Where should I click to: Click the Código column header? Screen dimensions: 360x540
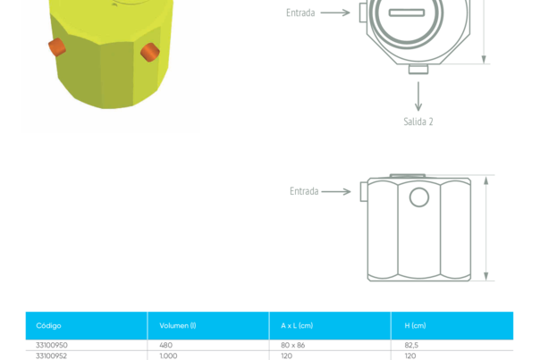coord(49,325)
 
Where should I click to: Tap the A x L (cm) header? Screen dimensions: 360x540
coord(297,325)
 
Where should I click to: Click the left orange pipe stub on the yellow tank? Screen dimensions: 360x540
coord(56,46)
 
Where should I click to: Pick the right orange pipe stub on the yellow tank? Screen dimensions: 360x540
coord(149,53)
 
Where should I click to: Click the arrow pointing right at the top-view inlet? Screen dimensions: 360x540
coord(335,13)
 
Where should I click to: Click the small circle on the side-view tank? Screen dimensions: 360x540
coord(418,197)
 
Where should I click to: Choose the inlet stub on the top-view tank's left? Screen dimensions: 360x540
coord(361,13)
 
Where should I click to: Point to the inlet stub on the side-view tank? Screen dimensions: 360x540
coord(363,191)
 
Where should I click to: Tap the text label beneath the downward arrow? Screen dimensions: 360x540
coord(418,121)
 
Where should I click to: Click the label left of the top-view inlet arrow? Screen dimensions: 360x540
coord(300,13)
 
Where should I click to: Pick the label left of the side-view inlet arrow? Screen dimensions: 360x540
coord(303,191)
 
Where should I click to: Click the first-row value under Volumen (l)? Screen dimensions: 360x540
coord(165,346)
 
